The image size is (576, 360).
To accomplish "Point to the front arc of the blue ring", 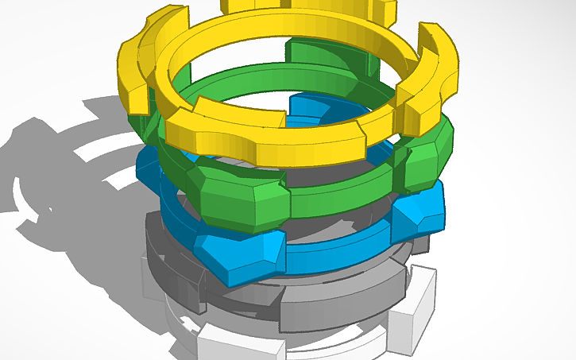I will pyautogui.click(x=334, y=250).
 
